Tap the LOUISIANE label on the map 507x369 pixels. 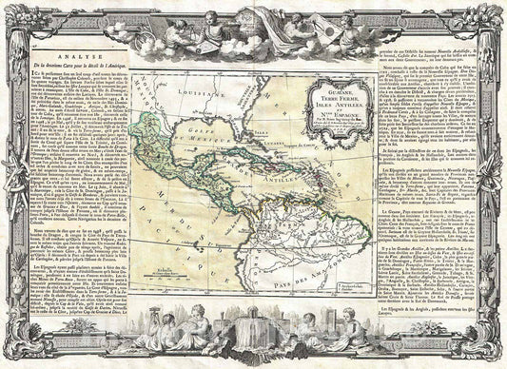pos(202,93)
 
